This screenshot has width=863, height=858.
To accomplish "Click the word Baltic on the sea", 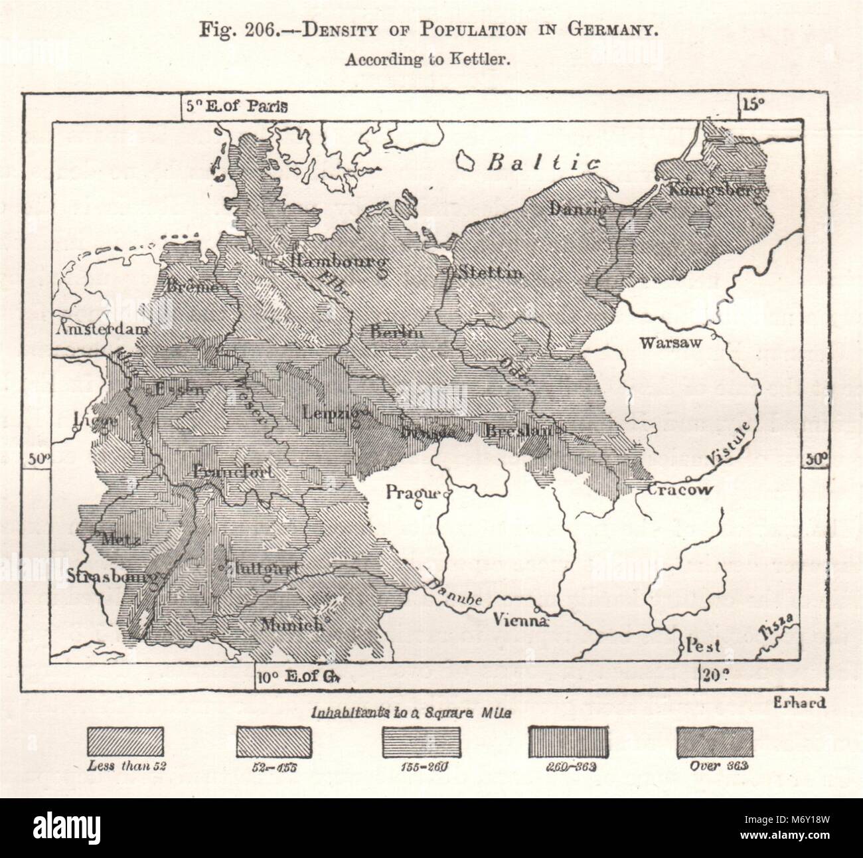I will [x=543, y=162].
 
